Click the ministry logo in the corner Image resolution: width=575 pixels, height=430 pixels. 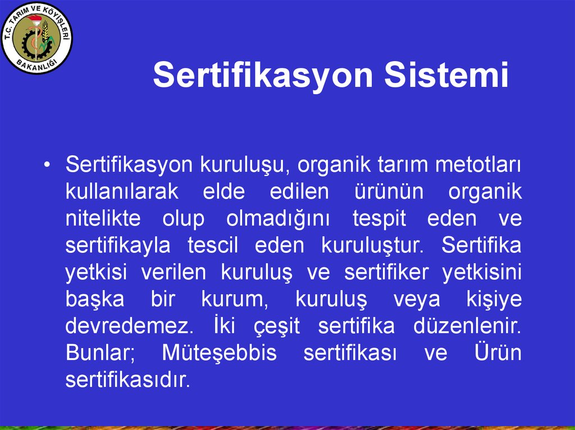pyautogui.click(x=37, y=38)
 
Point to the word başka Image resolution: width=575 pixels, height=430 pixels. pyautogui.click(x=94, y=300)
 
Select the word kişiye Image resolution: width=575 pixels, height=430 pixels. pyautogui.click(x=494, y=300)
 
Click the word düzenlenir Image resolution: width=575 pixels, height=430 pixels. pyautogui.click(x=467, y=327)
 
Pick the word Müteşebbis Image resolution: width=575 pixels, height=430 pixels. pyautogui.click(x=219, y=354)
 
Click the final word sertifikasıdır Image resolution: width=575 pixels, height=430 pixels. pyautogui.click(x=128, y=381)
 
